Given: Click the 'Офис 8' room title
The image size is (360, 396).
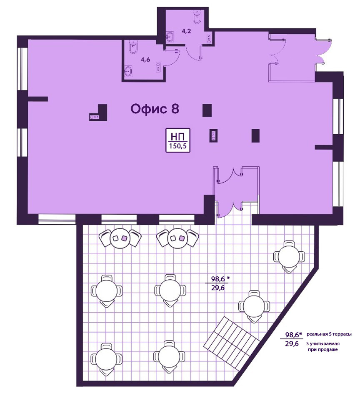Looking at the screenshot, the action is click(155, 109).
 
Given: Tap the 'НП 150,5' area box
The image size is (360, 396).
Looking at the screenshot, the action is click(177, 140).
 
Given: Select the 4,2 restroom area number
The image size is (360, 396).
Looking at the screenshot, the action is click(186, 32).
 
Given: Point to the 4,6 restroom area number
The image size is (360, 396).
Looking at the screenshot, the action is click(146, 60).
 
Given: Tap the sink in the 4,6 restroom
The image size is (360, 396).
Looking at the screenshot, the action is click(128, 71).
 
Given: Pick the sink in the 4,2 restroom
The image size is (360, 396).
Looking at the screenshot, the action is click(170, 36).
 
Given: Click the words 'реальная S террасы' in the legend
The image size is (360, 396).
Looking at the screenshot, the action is click(329, 334).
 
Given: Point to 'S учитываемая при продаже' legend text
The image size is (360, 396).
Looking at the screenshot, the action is click(322, 346).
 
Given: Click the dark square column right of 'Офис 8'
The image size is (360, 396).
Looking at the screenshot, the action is click(207, 110).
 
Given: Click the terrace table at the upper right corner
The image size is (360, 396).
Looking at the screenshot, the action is click(289, 257).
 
